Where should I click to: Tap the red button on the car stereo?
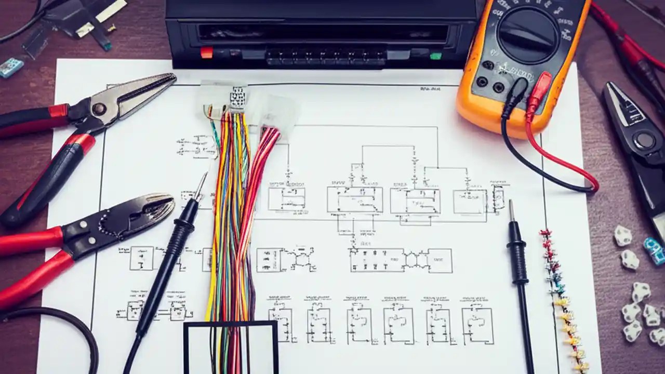point(207,52)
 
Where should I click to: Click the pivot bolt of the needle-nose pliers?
point(99,109)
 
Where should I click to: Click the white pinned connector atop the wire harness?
point(238,98)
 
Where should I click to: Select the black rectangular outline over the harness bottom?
point(231,347)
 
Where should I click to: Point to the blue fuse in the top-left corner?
point(10,67)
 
